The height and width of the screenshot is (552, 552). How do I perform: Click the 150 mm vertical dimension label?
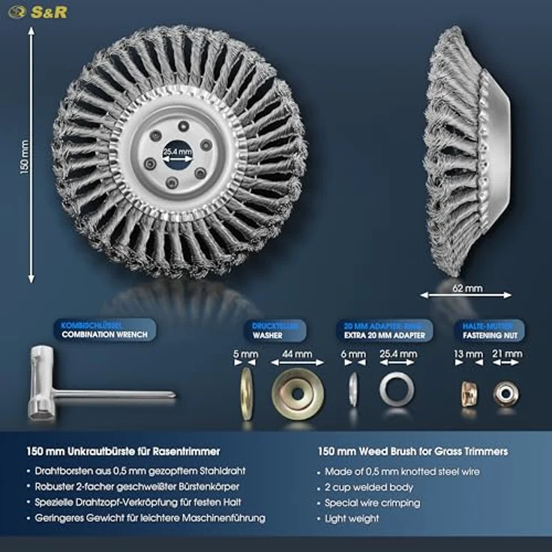(x=25, y=155)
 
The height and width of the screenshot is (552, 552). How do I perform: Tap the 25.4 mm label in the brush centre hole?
(x=178, y=151)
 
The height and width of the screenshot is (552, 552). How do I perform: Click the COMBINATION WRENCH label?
(x=103, y=334)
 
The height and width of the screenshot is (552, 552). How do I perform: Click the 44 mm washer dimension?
(x=298, y=352)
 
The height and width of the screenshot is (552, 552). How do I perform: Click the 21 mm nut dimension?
(x=506, y=352)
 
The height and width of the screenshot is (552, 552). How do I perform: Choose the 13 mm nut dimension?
(x=469, y=352)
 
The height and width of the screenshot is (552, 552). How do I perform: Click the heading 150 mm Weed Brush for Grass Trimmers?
(x=412, y=451)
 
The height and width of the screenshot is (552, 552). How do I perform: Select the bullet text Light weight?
(x=351, y=518)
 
